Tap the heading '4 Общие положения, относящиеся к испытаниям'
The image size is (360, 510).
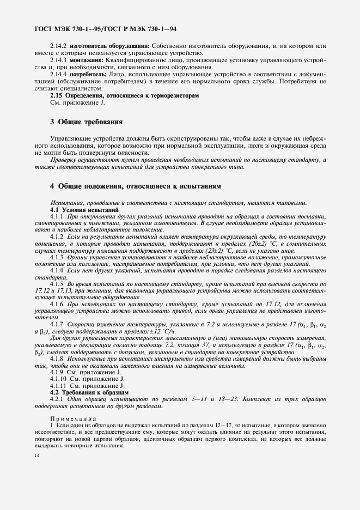pos(127,186)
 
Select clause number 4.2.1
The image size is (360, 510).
pos(57,399)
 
